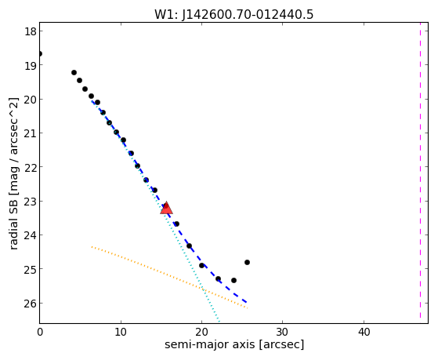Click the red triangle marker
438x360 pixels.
tap(166, 208)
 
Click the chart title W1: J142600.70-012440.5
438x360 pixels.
tap(233, 14)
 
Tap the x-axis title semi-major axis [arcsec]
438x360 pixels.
tap(234, 344)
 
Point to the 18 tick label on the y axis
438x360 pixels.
tap(31, 31)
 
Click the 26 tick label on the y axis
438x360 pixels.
tap(31, 304)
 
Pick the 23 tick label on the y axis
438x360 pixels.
tap(31, 201)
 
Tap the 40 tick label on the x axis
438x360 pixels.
tap(364, 333)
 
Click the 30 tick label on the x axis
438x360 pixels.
tap(282, 333)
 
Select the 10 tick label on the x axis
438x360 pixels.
tap(121, 333)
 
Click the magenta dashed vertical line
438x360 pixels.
tap(420, 170)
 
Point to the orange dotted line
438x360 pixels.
tap(169, 278)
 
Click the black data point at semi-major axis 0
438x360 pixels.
tap(40, 53)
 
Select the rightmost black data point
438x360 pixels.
tap(247, 263)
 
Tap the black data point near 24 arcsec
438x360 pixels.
tap(233, 280)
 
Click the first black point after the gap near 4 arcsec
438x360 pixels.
tap(74, 73)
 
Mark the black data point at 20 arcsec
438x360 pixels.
tap(201, 265)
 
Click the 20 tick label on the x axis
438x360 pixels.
tap(201, 333)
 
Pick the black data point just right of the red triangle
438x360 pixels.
tap(176, 224)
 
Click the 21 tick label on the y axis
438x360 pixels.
tap(31, 133)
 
